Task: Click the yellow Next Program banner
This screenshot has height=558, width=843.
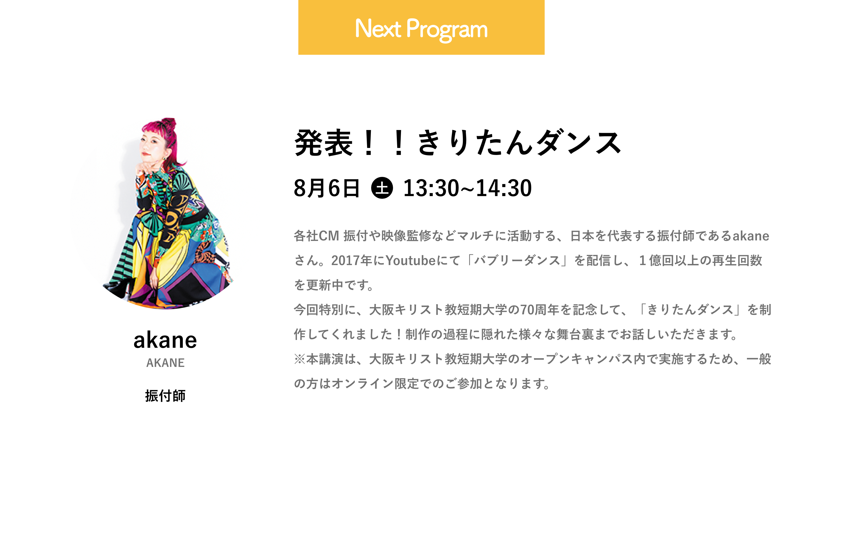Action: coord(421,27)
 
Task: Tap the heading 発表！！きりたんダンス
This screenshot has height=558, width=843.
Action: coord(458,143)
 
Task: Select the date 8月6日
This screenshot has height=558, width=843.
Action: coord(327,188)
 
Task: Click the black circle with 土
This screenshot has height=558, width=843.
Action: coord(382,188)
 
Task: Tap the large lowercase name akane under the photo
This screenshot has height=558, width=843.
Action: coord(165,340)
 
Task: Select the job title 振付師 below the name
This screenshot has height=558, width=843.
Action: coord(165,396)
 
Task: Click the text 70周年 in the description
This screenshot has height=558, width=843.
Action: coord(540,310)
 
